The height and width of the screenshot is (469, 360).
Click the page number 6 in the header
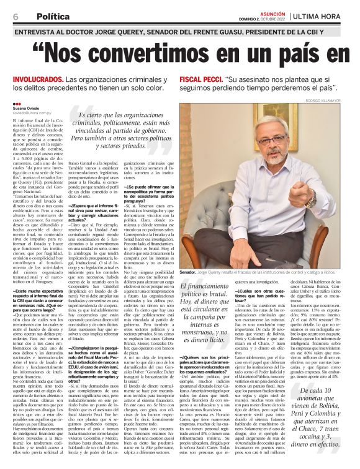14,16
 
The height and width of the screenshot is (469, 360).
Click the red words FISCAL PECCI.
199,80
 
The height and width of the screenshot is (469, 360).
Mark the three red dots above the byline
17,102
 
